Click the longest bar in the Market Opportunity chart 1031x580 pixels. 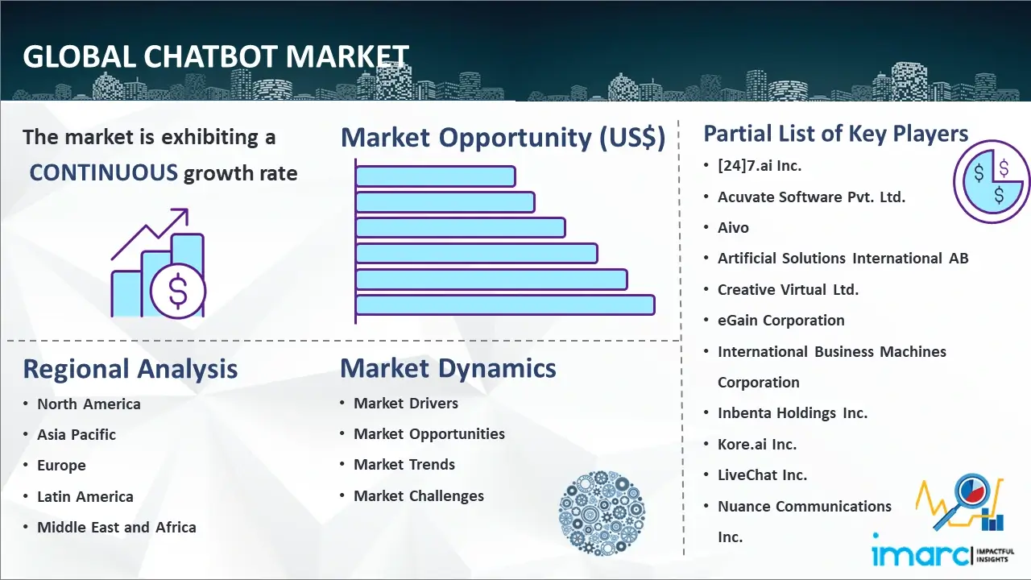[505, 305]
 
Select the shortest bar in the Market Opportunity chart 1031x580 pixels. [436, 176]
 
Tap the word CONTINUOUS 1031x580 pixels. [104, 172]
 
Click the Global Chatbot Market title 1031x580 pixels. [216, 56]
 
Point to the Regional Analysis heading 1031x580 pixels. [130, 369]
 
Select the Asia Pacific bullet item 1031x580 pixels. [77, 434]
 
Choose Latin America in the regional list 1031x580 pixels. [85, 497]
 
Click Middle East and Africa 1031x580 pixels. [117, 527]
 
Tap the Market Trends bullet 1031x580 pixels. [404, 465]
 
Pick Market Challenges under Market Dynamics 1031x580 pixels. [419, 495]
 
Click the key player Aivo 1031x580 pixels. [733, 227]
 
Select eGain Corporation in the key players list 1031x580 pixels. [781, 321]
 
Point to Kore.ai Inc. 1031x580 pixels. [757, 444]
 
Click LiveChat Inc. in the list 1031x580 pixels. [762, 475]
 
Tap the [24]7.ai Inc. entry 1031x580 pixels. [760, 166]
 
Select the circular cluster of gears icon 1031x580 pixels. [602, 513]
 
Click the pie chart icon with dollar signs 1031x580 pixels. [992, 181]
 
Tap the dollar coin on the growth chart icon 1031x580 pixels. [178, 291]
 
